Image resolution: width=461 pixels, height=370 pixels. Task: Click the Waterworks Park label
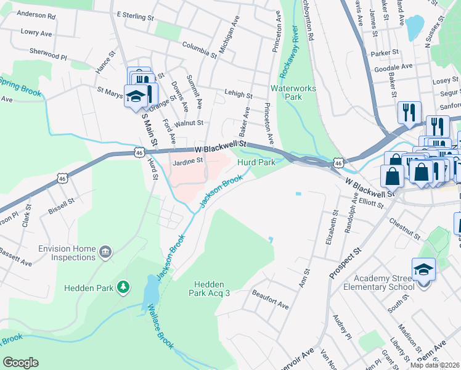(293, 92)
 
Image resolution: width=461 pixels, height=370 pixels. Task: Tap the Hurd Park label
(256, 162)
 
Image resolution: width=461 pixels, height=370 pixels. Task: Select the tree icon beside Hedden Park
(124, 287)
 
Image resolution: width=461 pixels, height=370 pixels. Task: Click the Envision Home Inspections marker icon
(106, 252)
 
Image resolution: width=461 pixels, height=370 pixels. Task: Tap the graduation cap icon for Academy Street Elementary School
(424, 270)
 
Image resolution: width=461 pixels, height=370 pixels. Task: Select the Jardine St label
(187, 161)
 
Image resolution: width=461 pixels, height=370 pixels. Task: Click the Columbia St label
(199, 49)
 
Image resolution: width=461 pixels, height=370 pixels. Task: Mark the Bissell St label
(62, 201)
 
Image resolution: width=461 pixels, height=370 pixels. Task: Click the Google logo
(20, 363)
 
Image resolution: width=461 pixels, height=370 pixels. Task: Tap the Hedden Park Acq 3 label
(213, 288)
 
